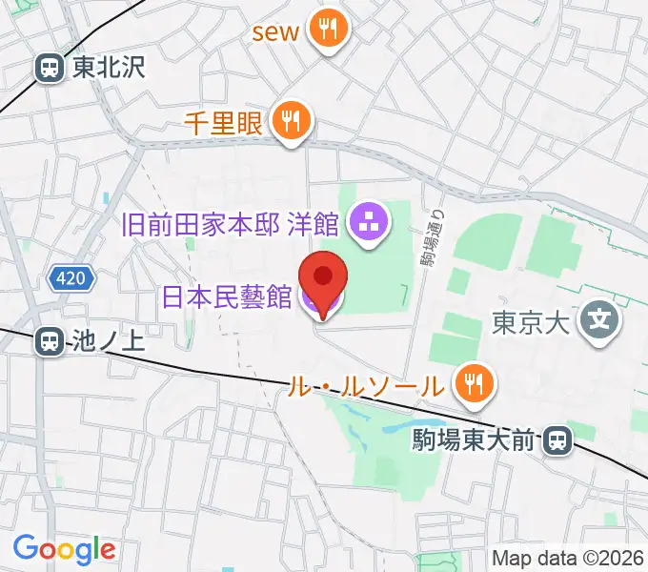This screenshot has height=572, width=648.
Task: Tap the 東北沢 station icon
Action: (x=47, y=67)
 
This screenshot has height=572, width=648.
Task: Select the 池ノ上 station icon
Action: (x=47, y=342)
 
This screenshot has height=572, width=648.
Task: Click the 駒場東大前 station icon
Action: (x=556, y=440)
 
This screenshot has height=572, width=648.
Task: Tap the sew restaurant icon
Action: (x=329, y=30)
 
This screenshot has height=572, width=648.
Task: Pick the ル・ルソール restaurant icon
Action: (x=472, y=384)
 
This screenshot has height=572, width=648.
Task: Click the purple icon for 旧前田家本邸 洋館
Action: (x=367, y=225)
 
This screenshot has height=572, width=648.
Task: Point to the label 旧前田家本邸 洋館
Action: (x=232, y=225)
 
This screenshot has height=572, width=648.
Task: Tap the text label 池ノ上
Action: (x=107, y=342)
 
